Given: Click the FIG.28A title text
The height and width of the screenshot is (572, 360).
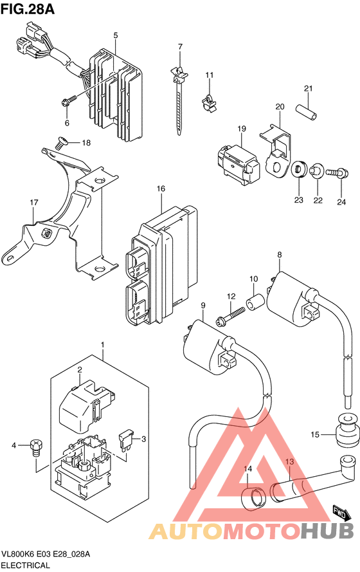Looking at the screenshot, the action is pyautogui.click(x=28, y=9).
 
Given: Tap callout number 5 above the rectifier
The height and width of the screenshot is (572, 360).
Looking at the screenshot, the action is pyautogui.click(x=116, y=35).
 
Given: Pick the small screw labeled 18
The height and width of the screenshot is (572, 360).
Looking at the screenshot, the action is pyautogui.click(x=60, y=142).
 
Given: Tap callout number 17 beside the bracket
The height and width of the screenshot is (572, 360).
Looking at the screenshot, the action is pyautogui.click(x=34, y=202).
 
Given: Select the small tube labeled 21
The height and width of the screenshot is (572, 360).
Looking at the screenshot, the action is pyautogui.click(x=306, y=112).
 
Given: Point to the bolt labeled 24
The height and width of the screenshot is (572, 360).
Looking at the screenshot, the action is pyautogui.click(x=337, y=171).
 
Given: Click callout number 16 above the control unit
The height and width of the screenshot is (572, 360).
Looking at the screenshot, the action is pyautogui.click(x=161, y=189).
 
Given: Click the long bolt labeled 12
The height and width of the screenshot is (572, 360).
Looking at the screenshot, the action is pyautogui.click(x=231, y=317).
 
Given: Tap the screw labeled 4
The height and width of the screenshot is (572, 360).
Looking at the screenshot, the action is pyautogui.click(x=36, y=448).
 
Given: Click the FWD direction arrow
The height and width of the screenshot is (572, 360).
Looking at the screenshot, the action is pyautogui.click(x=341, y=513).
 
